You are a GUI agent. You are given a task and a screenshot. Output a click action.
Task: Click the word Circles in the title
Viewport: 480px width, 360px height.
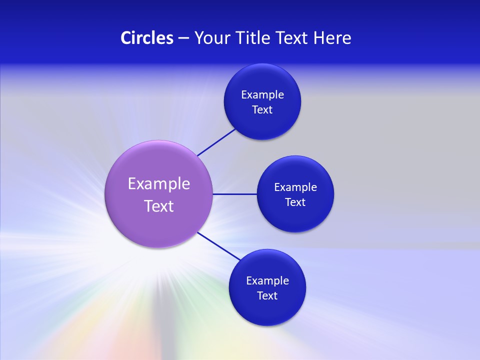146,38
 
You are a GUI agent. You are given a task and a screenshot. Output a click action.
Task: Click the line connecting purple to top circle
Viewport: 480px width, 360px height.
216,142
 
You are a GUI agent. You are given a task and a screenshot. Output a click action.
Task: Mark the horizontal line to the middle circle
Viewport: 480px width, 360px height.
234,194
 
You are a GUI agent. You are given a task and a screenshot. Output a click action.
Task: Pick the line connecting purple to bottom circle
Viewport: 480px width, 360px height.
219,246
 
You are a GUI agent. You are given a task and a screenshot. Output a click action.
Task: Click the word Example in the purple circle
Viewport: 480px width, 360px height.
159,183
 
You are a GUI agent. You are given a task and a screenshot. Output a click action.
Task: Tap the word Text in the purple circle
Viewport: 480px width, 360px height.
159,206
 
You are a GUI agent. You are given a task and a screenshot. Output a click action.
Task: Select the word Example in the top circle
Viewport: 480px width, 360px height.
262,95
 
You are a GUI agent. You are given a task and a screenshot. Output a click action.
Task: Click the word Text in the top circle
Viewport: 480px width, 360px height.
262,110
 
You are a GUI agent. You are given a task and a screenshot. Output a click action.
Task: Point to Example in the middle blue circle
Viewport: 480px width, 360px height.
295,187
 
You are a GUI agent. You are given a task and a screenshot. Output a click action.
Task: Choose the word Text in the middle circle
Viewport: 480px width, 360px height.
295,202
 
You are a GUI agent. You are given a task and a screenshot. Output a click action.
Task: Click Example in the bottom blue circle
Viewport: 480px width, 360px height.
267,281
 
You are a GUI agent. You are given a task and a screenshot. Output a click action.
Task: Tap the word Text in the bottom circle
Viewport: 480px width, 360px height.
267,296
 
